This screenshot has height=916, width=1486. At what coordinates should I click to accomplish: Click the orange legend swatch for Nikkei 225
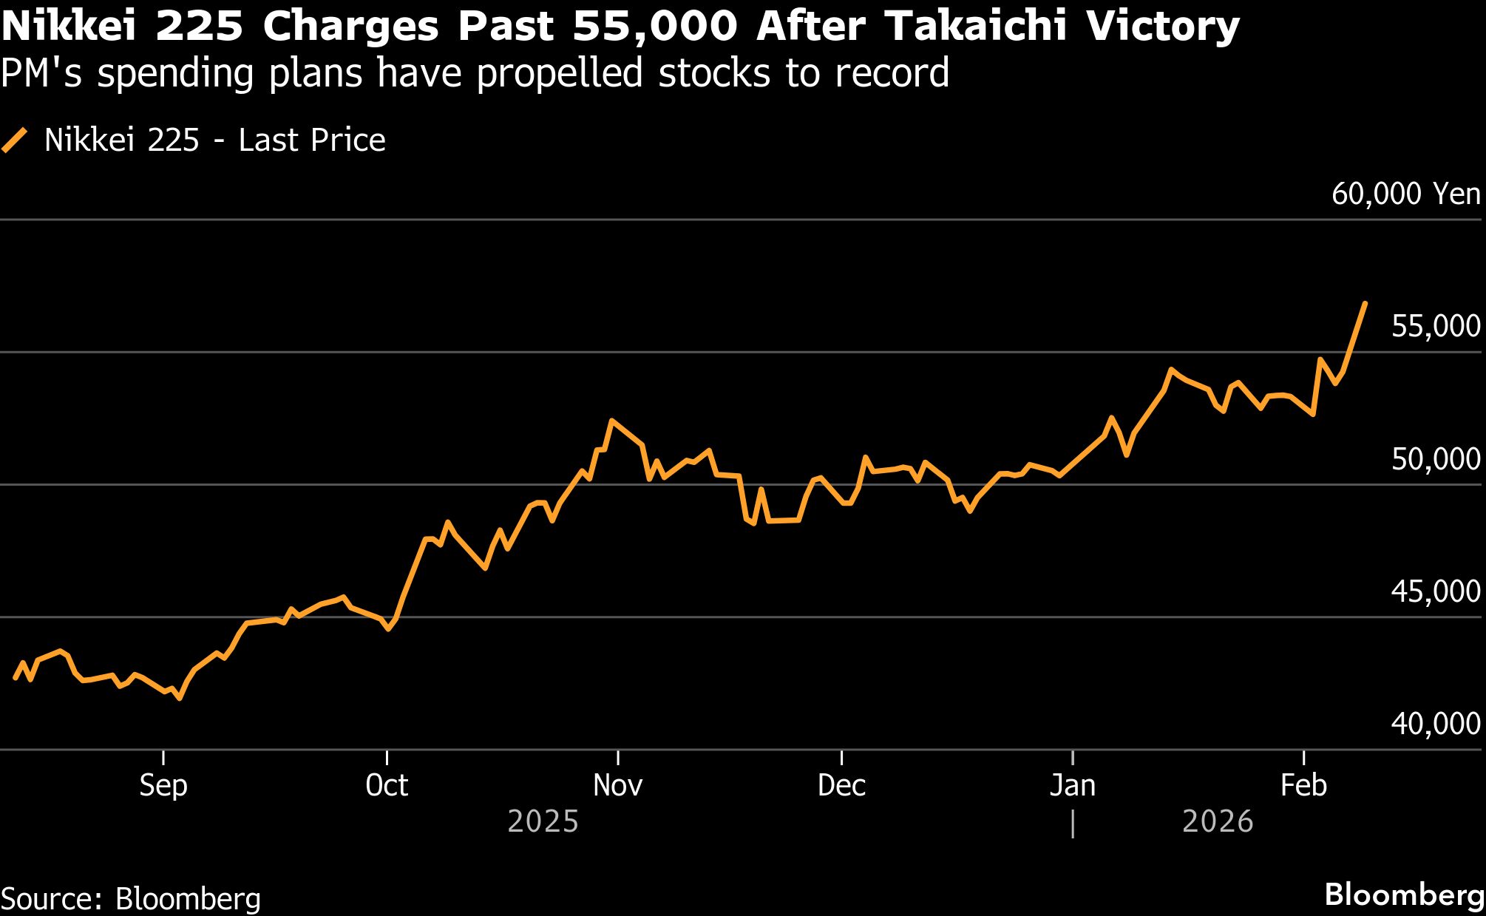pyautogui.click(x=15, y=140)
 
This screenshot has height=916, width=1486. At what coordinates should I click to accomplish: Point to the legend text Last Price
pyautogui.click(x=311, y=140)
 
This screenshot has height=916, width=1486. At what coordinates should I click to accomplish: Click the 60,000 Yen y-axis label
pyautogui.click(x=1405, y=194)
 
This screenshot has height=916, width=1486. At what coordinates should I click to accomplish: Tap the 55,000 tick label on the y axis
pyautogui.click(x=1435, y=326)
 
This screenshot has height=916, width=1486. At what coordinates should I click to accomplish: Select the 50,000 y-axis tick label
pyautogui.click(x=1435, y=459)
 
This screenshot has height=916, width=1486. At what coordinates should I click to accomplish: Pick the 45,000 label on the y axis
pyautogui.click(x=1435, y=591)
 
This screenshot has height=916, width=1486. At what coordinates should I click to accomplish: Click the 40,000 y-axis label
pyautogui.click(x=1435, y=724)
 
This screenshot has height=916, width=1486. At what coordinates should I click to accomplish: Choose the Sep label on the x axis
pyautogui.click(x=163, y=785)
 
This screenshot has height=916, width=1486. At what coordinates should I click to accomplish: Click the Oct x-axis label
pyautogui.click(x=387, y=785)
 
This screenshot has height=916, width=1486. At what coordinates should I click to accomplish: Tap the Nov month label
pyautogui.click(x=617, y=785)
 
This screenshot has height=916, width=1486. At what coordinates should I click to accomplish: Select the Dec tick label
pyautogui.click(x=841, y=785)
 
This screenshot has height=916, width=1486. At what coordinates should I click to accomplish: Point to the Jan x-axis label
pyautogui.click(x=1072, y=785)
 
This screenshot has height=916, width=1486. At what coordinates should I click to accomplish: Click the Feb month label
pyautogui.click(x=1303, y=785)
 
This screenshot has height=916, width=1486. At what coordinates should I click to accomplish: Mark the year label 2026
pyautogui.click(x=1217, y=821)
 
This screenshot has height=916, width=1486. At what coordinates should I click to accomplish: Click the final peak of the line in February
pyautogui.click(x=1364, y=303)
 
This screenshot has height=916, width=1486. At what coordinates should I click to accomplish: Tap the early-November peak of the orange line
pyautogui.click(x=611, y=421)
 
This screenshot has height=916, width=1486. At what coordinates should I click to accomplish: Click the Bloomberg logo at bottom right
pyautogui.click(x=1404, y=895)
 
